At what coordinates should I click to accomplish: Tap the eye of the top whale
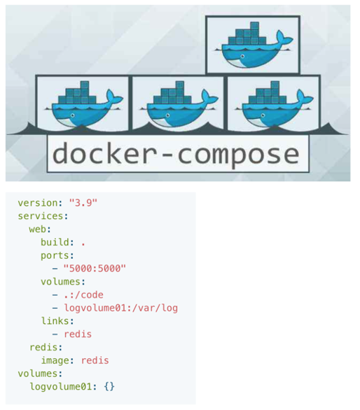coord(243,56)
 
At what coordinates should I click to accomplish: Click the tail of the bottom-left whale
coord(115,97)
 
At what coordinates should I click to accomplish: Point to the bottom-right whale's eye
coord(263,115)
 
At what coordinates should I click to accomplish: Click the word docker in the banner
coord(102,153)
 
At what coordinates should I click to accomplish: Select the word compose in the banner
coord(238,155)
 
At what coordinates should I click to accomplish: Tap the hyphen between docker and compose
coord(165,155)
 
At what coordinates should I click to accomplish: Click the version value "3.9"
coord(83,202)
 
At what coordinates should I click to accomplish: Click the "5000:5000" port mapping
coord(95,268)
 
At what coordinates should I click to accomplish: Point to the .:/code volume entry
coord(83,295)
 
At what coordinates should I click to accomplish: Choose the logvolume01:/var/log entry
coord(121,308)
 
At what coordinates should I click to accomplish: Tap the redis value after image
coord(95,360)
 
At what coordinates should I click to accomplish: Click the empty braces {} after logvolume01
coord(109,386)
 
